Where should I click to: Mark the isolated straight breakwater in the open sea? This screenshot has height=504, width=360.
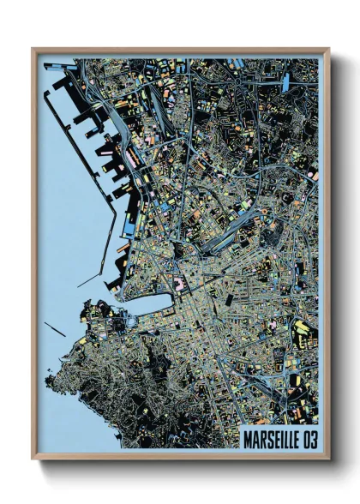tap(55, 328)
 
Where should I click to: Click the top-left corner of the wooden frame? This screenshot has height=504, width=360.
tap(33, 50)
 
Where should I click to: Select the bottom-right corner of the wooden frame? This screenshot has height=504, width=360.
tap(329, 458)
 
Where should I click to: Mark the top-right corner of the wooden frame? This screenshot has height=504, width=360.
tap(329, 50)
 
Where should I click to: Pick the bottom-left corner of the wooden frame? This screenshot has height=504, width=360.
tap(33, 458)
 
